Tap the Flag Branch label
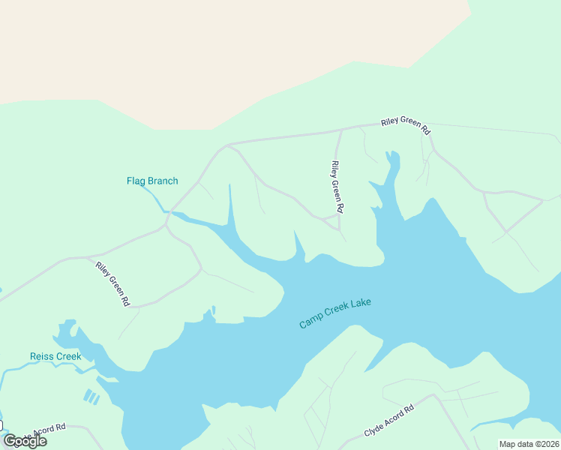(152, 181)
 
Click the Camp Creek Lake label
(335, 313)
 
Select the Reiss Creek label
(55, 356)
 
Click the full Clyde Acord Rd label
(388, 422)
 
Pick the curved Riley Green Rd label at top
(406, 125)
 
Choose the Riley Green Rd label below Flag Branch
(113, 283)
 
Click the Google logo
(25, 440)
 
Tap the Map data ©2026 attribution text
(529, 444)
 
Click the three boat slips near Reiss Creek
(91, 396)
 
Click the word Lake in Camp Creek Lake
(362, 304)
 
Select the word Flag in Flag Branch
(136, 181)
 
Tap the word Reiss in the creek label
(42, 356)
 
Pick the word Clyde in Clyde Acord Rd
(373, 430)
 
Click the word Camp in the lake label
(310, 322)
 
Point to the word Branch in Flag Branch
(163, 181)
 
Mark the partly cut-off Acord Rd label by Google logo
(46, 430)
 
